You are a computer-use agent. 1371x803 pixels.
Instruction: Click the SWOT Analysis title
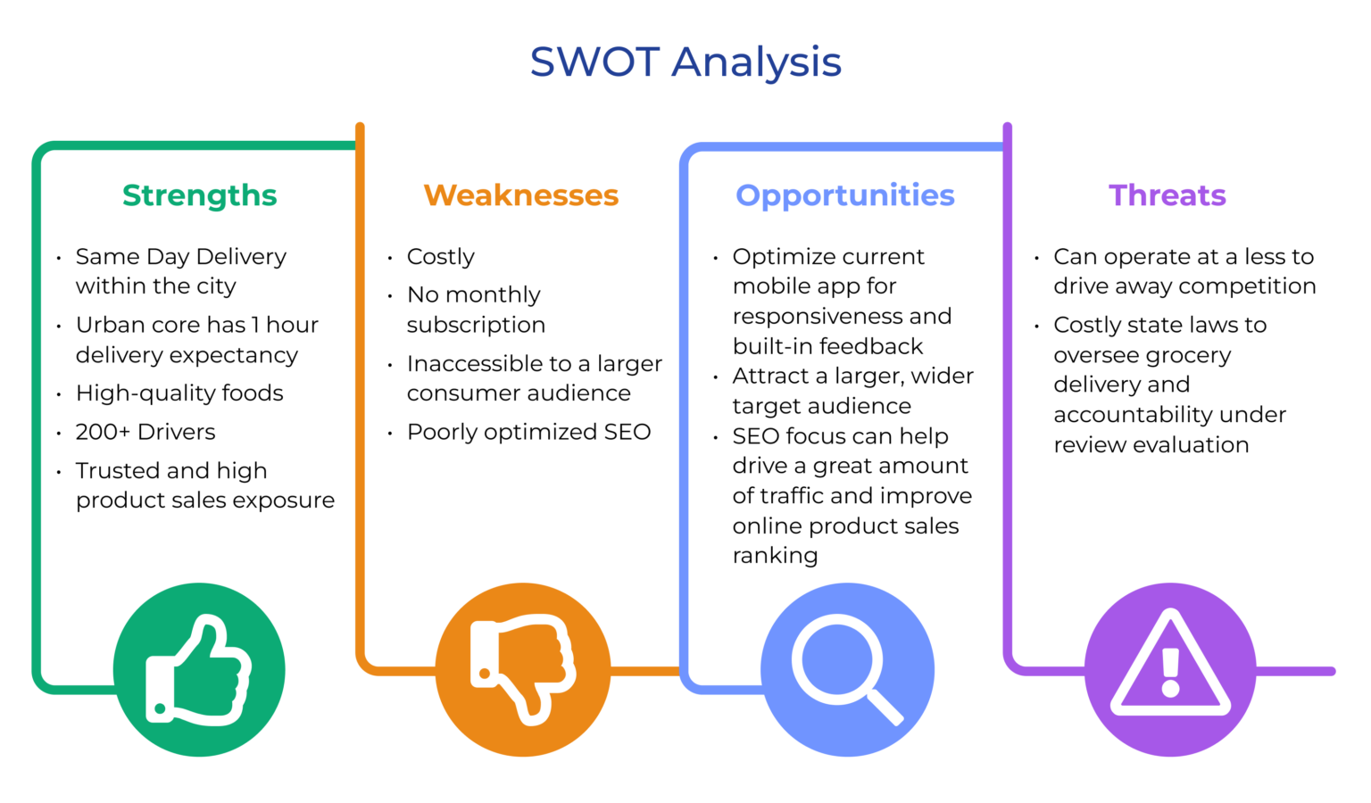tap(685, 62)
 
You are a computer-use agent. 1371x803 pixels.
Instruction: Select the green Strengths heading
tap(200, 195)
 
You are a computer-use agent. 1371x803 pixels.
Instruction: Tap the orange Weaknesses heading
tap(521, 195)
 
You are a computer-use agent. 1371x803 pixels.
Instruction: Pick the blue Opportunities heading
tap(845, 195)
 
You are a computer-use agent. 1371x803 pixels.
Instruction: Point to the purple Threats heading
tap(1167, 195)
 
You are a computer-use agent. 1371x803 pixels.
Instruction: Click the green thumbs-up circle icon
tap(199, 669)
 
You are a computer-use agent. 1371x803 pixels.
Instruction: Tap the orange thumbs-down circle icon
tap(523, 669)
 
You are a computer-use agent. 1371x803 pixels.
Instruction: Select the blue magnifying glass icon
tap(847, 669)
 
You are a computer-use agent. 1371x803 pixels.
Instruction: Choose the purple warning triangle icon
tap(1170, 669)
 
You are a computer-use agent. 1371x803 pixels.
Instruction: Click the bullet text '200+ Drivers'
tap(145, 432)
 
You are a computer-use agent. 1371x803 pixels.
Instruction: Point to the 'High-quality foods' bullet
tap(179, 393)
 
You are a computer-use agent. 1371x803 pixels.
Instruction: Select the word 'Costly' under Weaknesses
tap(441, 257)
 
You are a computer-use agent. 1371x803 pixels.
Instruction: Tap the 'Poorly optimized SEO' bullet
tap(528, 432)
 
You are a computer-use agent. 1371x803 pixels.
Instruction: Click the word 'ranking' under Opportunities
tap(775, 556)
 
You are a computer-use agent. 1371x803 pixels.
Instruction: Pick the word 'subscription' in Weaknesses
tap(476, 325)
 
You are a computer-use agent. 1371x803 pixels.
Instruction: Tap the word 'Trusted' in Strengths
tap(117, 470)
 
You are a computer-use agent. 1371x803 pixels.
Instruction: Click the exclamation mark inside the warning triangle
tap(1170, 671)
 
